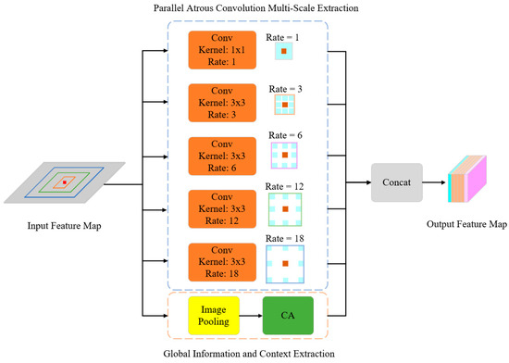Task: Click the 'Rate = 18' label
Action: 286,240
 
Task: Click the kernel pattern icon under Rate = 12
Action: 286,211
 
